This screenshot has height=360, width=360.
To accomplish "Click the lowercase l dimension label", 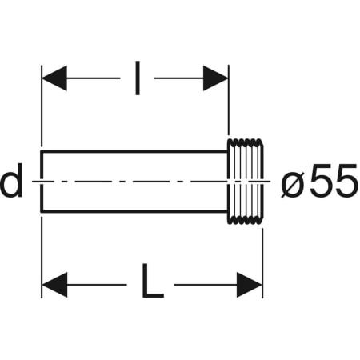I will pyautogui.click(x=138, y=78).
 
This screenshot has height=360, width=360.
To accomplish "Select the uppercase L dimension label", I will pyautogui.click(x=152, y=283).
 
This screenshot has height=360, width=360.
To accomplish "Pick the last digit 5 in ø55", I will pyautogui.click(x=345, y=183).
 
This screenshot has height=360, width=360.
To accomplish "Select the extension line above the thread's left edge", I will pyautogui.click(x=230, y=104).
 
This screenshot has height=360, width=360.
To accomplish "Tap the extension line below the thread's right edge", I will pyautogui.click(x=262, y=256).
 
